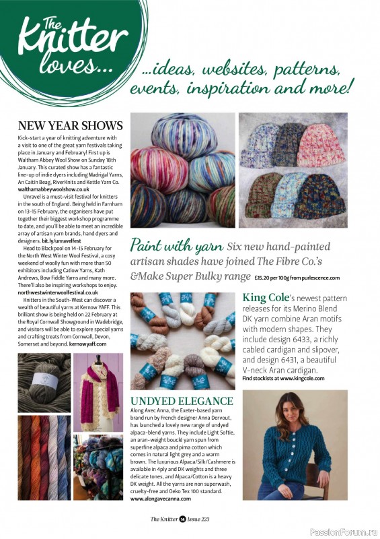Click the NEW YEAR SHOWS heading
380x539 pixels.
tap(70, 126)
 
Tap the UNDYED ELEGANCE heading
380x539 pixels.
tap(182, 402)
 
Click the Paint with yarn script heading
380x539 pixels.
tap(175, 244)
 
